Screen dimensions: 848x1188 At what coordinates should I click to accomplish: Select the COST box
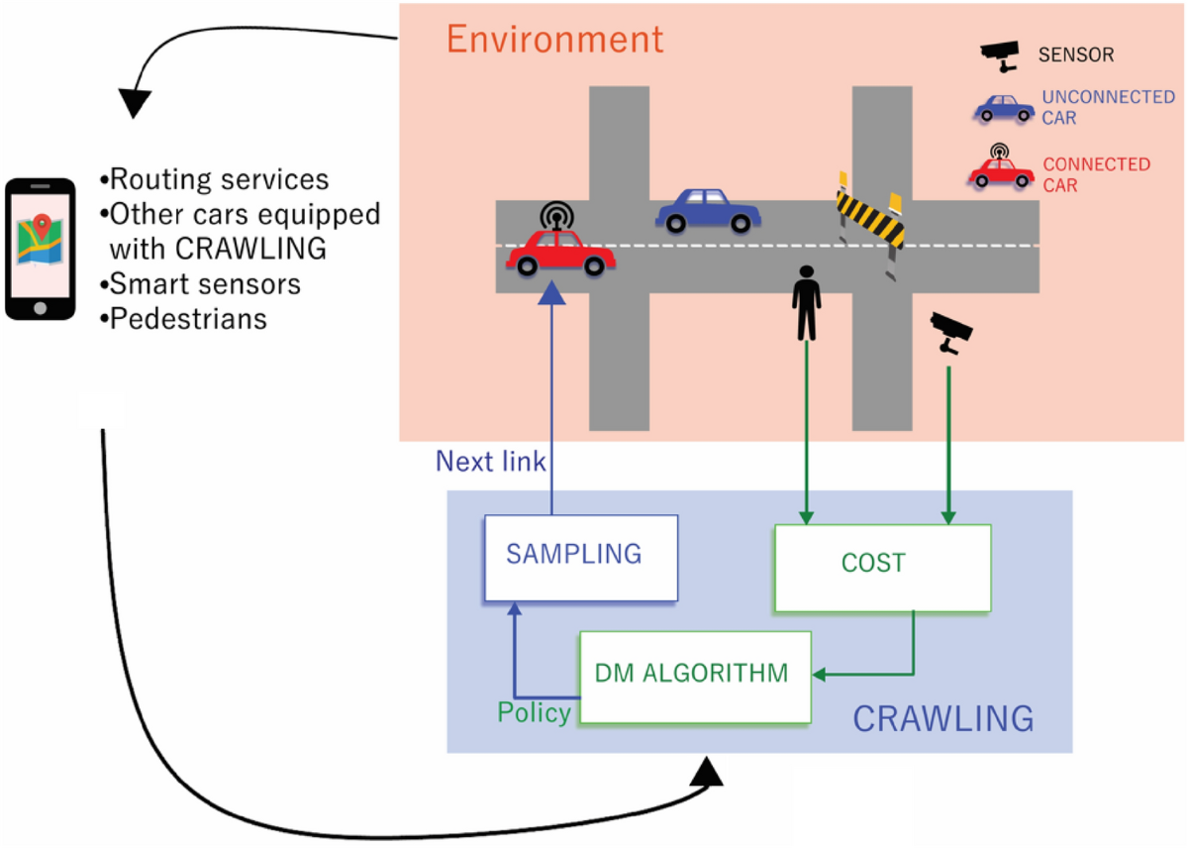pos(882,568)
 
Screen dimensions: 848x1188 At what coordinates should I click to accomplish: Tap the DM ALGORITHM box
pos(694,677)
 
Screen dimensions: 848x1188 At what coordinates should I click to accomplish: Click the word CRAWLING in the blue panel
pos(942,718)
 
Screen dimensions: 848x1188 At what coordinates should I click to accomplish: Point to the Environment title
pos(553,40)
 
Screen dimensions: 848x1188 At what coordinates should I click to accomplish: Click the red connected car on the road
pos(560,252)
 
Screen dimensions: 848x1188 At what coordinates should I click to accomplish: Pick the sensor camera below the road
pos(951,332)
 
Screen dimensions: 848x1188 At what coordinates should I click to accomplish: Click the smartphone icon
pos(40,249)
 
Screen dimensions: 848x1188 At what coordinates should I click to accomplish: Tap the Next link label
pos(491,462)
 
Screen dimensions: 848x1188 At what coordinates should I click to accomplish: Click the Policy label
pos(534,713)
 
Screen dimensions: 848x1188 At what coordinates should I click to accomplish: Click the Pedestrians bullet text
pos(183,319)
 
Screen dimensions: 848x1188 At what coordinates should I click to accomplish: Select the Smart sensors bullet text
pos(200,284)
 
